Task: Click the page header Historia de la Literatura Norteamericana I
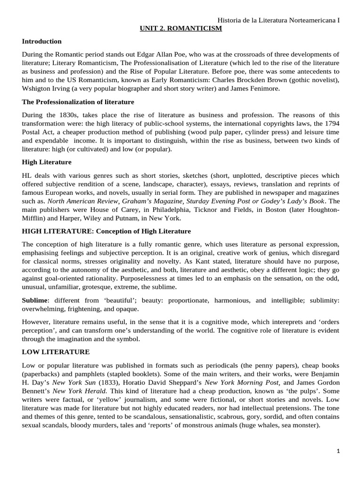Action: click(x=279, y=21)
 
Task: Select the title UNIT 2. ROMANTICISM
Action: click(x=181, y=29)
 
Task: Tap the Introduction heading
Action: click(x=42, y=42)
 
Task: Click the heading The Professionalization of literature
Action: click(x=78, y=102)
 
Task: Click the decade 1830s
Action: click(x=69, y=115)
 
